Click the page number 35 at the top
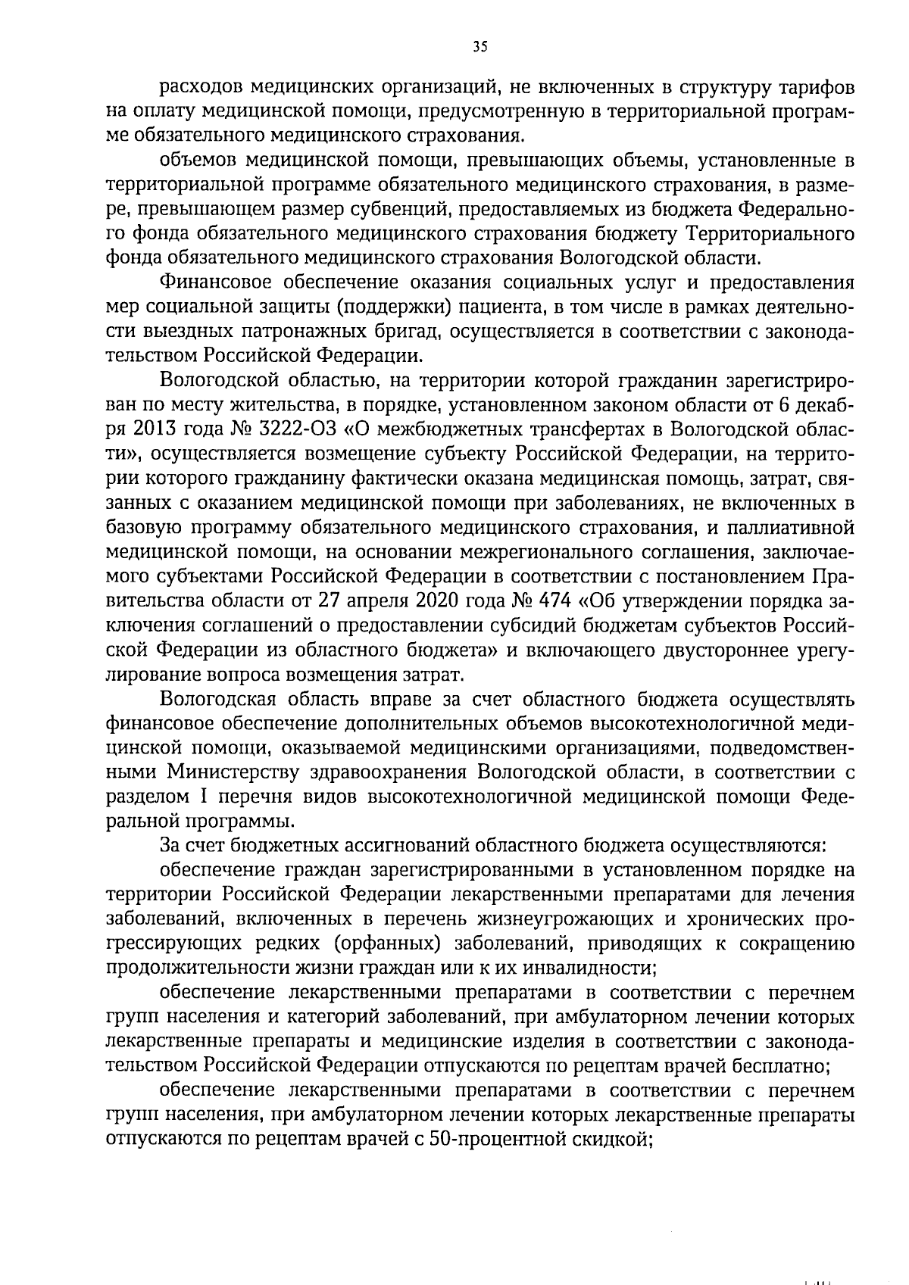click(x=479, y=47)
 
